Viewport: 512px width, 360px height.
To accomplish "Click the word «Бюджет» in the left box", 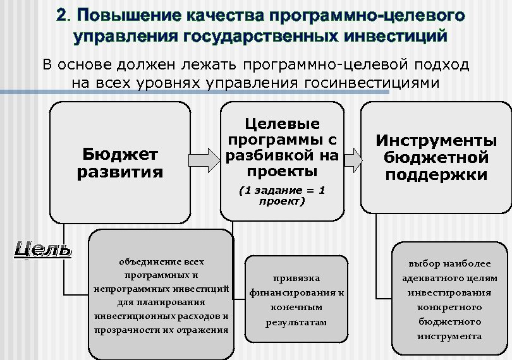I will (120, 155).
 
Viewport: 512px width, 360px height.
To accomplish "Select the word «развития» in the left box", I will (120, 172).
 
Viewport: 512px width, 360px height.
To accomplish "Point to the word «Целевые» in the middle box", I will (282, 124).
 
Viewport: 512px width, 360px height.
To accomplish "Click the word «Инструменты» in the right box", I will (436, 140).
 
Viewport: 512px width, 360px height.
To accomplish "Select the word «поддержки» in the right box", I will (436, 175).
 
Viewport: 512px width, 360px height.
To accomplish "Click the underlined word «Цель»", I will (42, 249).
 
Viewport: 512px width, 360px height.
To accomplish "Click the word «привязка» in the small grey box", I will (296, 278).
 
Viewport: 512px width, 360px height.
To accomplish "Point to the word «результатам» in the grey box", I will (296, 322).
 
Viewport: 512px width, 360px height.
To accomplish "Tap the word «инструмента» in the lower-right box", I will (449, 336).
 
